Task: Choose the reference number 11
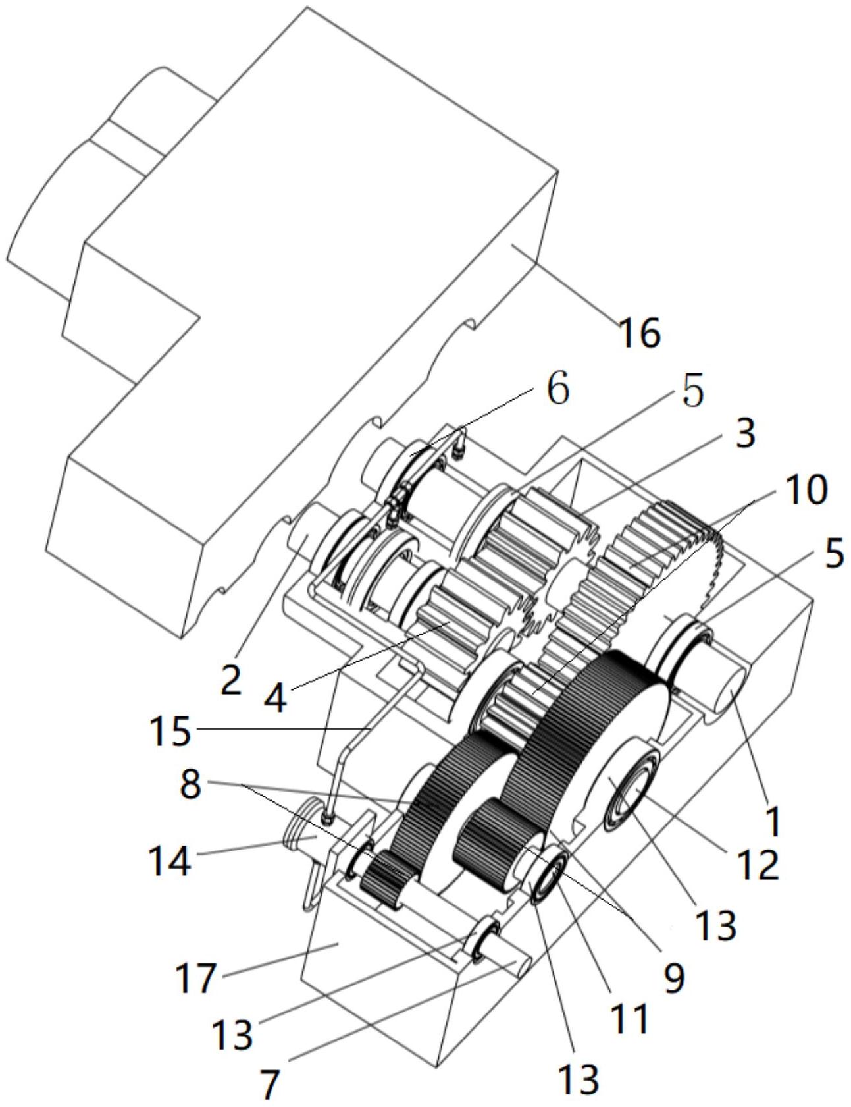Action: [631, 1017]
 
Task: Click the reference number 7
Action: [269, 1084]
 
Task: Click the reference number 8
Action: [191, 784]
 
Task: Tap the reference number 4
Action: [276, 700]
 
